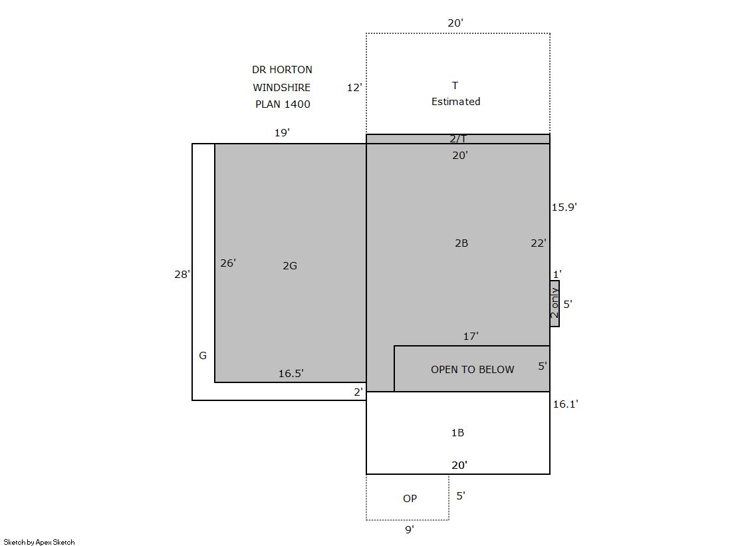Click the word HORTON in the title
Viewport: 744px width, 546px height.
[291, 70]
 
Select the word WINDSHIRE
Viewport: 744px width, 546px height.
[281, 87]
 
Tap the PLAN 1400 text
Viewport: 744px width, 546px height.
[283, 104]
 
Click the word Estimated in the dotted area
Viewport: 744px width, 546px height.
[455, 102]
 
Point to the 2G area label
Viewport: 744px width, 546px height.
[290, 266]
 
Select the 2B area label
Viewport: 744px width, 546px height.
[461, 243]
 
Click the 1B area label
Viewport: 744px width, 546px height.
[457, 432]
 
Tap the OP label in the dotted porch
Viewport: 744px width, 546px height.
[410, 498]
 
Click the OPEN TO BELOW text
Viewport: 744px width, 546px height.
[473, 369]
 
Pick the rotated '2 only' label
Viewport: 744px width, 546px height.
[555, 303]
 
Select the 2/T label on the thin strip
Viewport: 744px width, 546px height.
[458, 138]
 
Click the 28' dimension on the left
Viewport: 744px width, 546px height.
[182, 274]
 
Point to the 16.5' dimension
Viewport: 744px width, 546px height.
[291, 374]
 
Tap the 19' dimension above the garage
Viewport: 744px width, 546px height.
[282, 132]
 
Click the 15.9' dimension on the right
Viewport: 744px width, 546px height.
[564, 207]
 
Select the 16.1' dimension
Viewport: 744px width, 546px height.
[565, 404]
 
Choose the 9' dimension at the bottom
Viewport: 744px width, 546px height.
[410, 529]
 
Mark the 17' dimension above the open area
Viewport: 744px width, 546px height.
[471, 336]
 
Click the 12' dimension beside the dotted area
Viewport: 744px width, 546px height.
[354, 87]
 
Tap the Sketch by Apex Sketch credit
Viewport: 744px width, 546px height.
[39, 542]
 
